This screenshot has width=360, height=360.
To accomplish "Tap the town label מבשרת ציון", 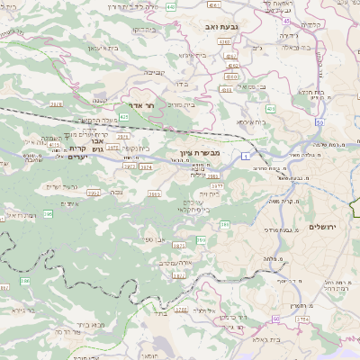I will pyautogui.click(x=213, y=154).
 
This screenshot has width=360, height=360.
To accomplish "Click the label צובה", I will pyautogui.click(x=116, y=191).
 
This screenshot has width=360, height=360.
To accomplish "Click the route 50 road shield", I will pyautogui.click(x=319, y=121).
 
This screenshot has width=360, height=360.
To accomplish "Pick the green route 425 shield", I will pyautogui.click(x=123, y=117).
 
